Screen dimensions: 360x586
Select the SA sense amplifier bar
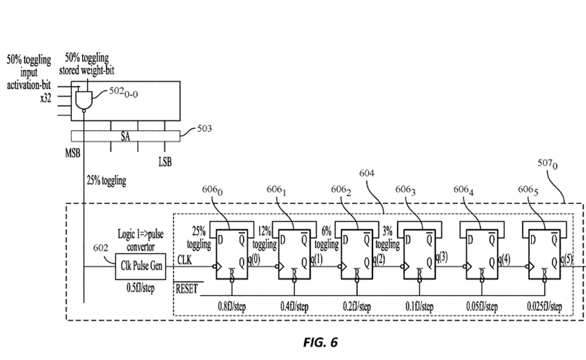pos(125,137)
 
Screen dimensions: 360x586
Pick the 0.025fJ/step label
pos(545,307)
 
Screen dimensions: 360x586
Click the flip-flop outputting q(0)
pos(231,259)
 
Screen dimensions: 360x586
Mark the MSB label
pos(73,152)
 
